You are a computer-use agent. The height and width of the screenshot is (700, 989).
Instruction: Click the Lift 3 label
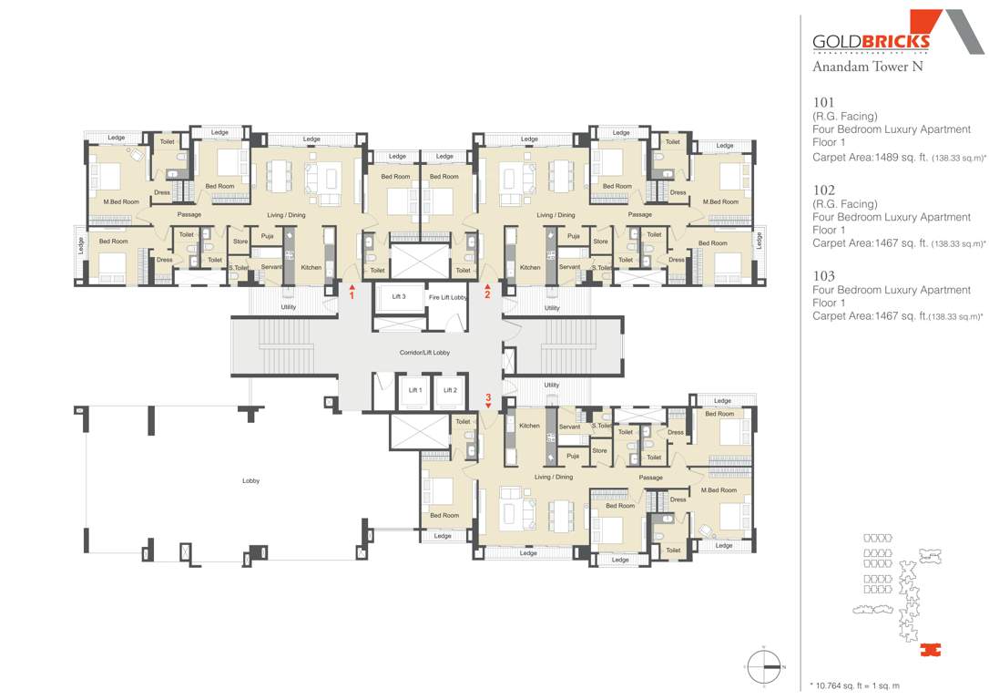[x=399, y=297]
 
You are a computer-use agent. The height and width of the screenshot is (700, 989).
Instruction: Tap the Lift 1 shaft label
[x=415, y=390]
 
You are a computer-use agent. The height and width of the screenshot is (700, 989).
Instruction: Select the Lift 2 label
[x=449, y=390]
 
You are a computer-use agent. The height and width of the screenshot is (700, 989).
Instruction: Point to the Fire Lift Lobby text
[x=448, y=297]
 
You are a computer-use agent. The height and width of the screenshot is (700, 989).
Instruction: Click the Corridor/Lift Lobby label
[x=424, y=352]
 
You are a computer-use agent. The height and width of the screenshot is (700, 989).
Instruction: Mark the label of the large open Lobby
[x=250, y=480]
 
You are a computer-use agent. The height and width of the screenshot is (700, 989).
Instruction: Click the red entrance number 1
[x=352, y=295]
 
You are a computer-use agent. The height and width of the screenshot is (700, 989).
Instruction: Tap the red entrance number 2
[x=487, y=294]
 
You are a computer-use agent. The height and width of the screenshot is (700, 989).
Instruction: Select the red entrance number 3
[x=488, y=398]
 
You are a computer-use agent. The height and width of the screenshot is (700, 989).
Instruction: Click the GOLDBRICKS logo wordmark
[x=871, y=41]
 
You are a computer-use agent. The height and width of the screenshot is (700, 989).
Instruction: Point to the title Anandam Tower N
[x=861, y=67]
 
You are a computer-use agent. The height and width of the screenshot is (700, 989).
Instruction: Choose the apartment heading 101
[x=823, y=102]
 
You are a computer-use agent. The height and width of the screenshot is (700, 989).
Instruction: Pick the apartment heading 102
[x=823, y=190]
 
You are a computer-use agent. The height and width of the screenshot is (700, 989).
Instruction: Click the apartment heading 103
[x=823, y=275]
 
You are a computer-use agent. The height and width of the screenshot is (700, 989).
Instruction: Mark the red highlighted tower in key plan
[x=929, y=650]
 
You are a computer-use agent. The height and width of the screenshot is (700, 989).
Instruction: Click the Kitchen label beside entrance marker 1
[x=311, y=267]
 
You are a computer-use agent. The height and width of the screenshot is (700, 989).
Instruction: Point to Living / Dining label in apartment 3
[x=554, y=477]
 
